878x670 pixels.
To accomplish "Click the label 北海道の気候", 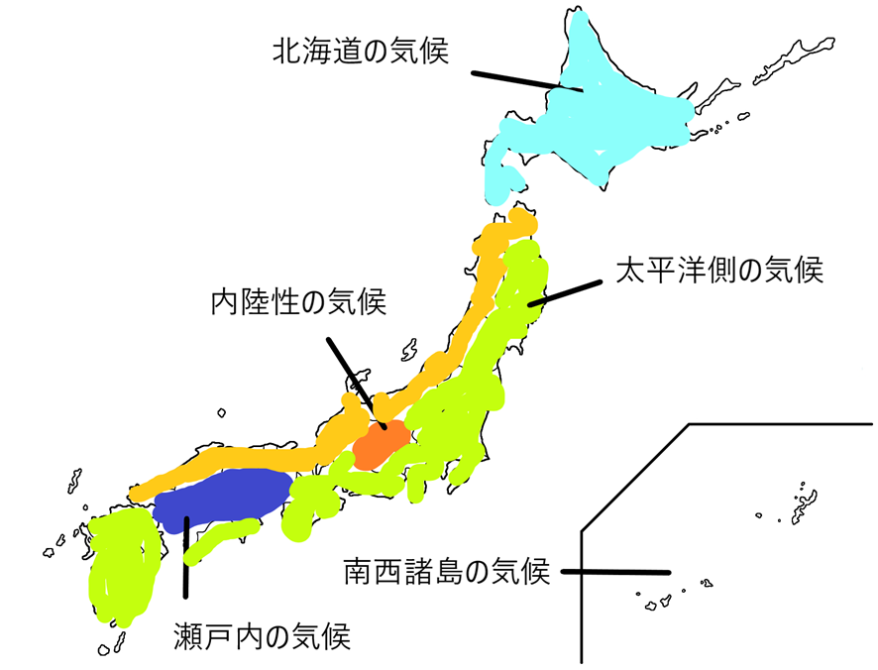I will click(x=362, y=50).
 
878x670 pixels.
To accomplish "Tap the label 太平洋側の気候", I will click(x=719, y=270).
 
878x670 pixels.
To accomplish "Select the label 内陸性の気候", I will click(x=297, y=302).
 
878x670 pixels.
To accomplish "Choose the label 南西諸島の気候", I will click(x=446, y=572).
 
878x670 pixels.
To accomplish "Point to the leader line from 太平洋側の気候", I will click(x=565, y=292).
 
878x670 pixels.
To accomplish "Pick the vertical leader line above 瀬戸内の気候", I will click(x=184, y=555).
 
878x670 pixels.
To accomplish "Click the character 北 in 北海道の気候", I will click(x=288, y=50).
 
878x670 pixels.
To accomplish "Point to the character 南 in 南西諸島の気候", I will click(x=360, y=572).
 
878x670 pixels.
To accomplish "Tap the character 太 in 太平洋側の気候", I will click(x=631, y=270).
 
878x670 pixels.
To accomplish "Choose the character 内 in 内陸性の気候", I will click(x=225, y=302).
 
